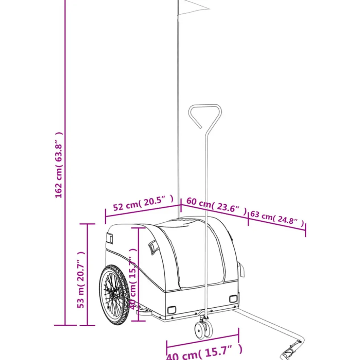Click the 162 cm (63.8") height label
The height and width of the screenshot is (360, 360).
point(59,165)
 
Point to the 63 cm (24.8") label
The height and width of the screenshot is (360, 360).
point(277,218)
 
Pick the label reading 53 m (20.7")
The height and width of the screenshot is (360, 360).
point(81,280)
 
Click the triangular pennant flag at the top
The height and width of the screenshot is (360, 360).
point(191,7)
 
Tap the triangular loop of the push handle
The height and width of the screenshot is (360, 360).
point(205,115)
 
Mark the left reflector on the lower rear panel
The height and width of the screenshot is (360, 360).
point(172,310)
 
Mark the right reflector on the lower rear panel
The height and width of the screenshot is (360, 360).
point(233,299)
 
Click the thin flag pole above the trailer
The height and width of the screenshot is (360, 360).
point(179,111)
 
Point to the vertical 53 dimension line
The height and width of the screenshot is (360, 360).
point(88,274)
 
